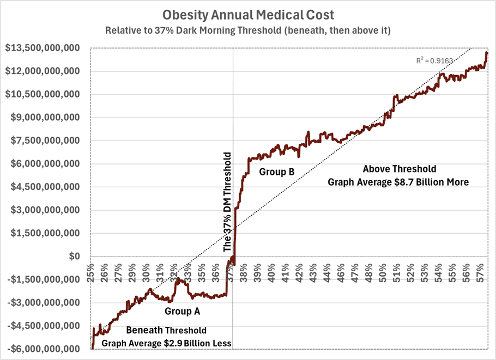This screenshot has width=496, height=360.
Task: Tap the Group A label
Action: (183, 312)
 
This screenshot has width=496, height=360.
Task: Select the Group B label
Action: (277, 172)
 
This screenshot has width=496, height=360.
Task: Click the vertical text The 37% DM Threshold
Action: (228, 202)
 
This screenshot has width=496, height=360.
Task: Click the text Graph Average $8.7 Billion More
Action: (398, 182)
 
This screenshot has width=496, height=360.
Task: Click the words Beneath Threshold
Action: (166, 331)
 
